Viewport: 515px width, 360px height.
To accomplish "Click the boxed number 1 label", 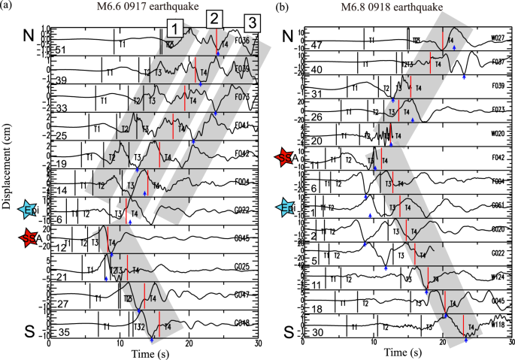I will tap(174, 29).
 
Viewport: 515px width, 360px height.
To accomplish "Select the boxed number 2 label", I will tap(214, 18).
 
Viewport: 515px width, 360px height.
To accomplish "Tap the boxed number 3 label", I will tap(253, 23).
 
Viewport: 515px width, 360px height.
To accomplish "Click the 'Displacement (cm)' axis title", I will tap(9, 180).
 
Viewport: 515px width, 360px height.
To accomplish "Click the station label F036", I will tap(243, 41).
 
